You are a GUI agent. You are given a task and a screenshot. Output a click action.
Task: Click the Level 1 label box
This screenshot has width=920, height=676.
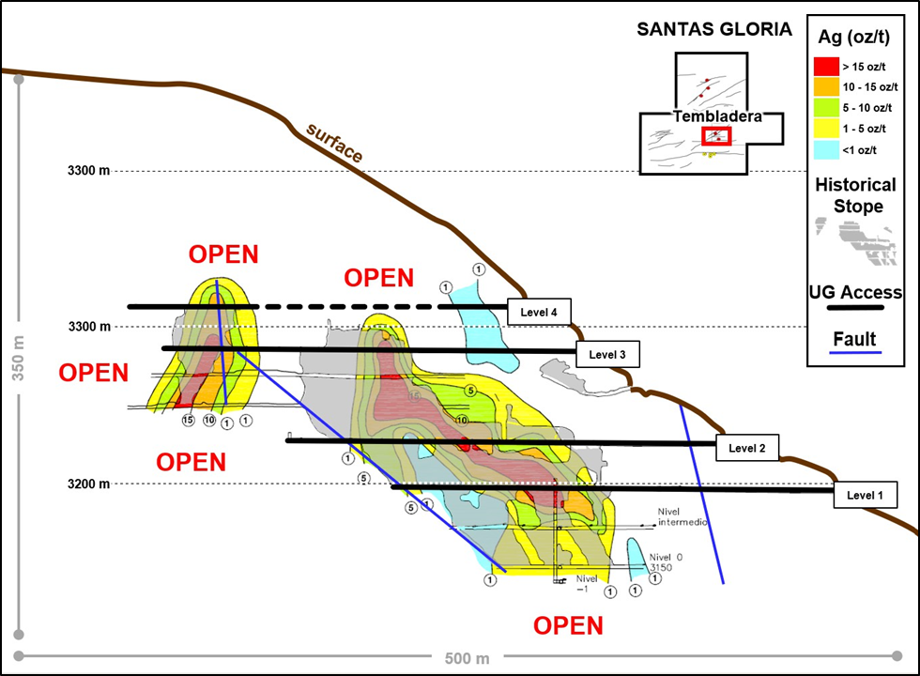pyautogui.click(x=865, y=494)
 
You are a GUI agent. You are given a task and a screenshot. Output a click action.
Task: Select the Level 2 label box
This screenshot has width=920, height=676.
pyautogui.click(x=746, y=449)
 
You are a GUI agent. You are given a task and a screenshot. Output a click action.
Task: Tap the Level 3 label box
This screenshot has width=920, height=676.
pyautogui.click(x=607, y=354)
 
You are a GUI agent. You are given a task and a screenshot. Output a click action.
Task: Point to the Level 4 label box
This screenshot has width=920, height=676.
pyautogui.click(x=539, y=312)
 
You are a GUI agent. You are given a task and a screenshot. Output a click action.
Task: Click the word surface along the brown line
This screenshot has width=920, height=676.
pyautogui.click(x=333, y=142)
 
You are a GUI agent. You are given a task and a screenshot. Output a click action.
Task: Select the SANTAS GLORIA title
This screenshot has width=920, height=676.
pyautogui.click(x=714, y=29)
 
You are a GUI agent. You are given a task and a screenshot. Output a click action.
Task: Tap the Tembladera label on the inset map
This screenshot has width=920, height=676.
pyautogui.click(x=715, y=117)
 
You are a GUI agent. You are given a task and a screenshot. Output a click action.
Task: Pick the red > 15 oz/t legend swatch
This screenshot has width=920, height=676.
pyautogui.click(x=826, y=67)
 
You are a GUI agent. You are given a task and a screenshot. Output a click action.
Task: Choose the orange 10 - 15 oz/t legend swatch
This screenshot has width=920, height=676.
pyautogui.click(x=826, y=87)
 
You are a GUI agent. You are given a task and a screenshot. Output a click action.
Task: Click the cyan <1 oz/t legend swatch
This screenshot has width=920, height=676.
pyautogui.click(x=826, y=149)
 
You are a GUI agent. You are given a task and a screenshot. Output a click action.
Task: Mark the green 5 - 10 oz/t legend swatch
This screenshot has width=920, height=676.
pyautogui.click(x=826, y=108)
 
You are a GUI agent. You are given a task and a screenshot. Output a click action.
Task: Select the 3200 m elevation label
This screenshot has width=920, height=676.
pyautogui.click(x=88, y=484)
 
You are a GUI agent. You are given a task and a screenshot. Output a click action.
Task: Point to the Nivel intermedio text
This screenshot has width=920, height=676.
pyautogui.click(x=681, y=516)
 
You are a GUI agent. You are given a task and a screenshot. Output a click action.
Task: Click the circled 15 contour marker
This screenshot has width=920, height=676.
pyautogui.click(x=188, y=420)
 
